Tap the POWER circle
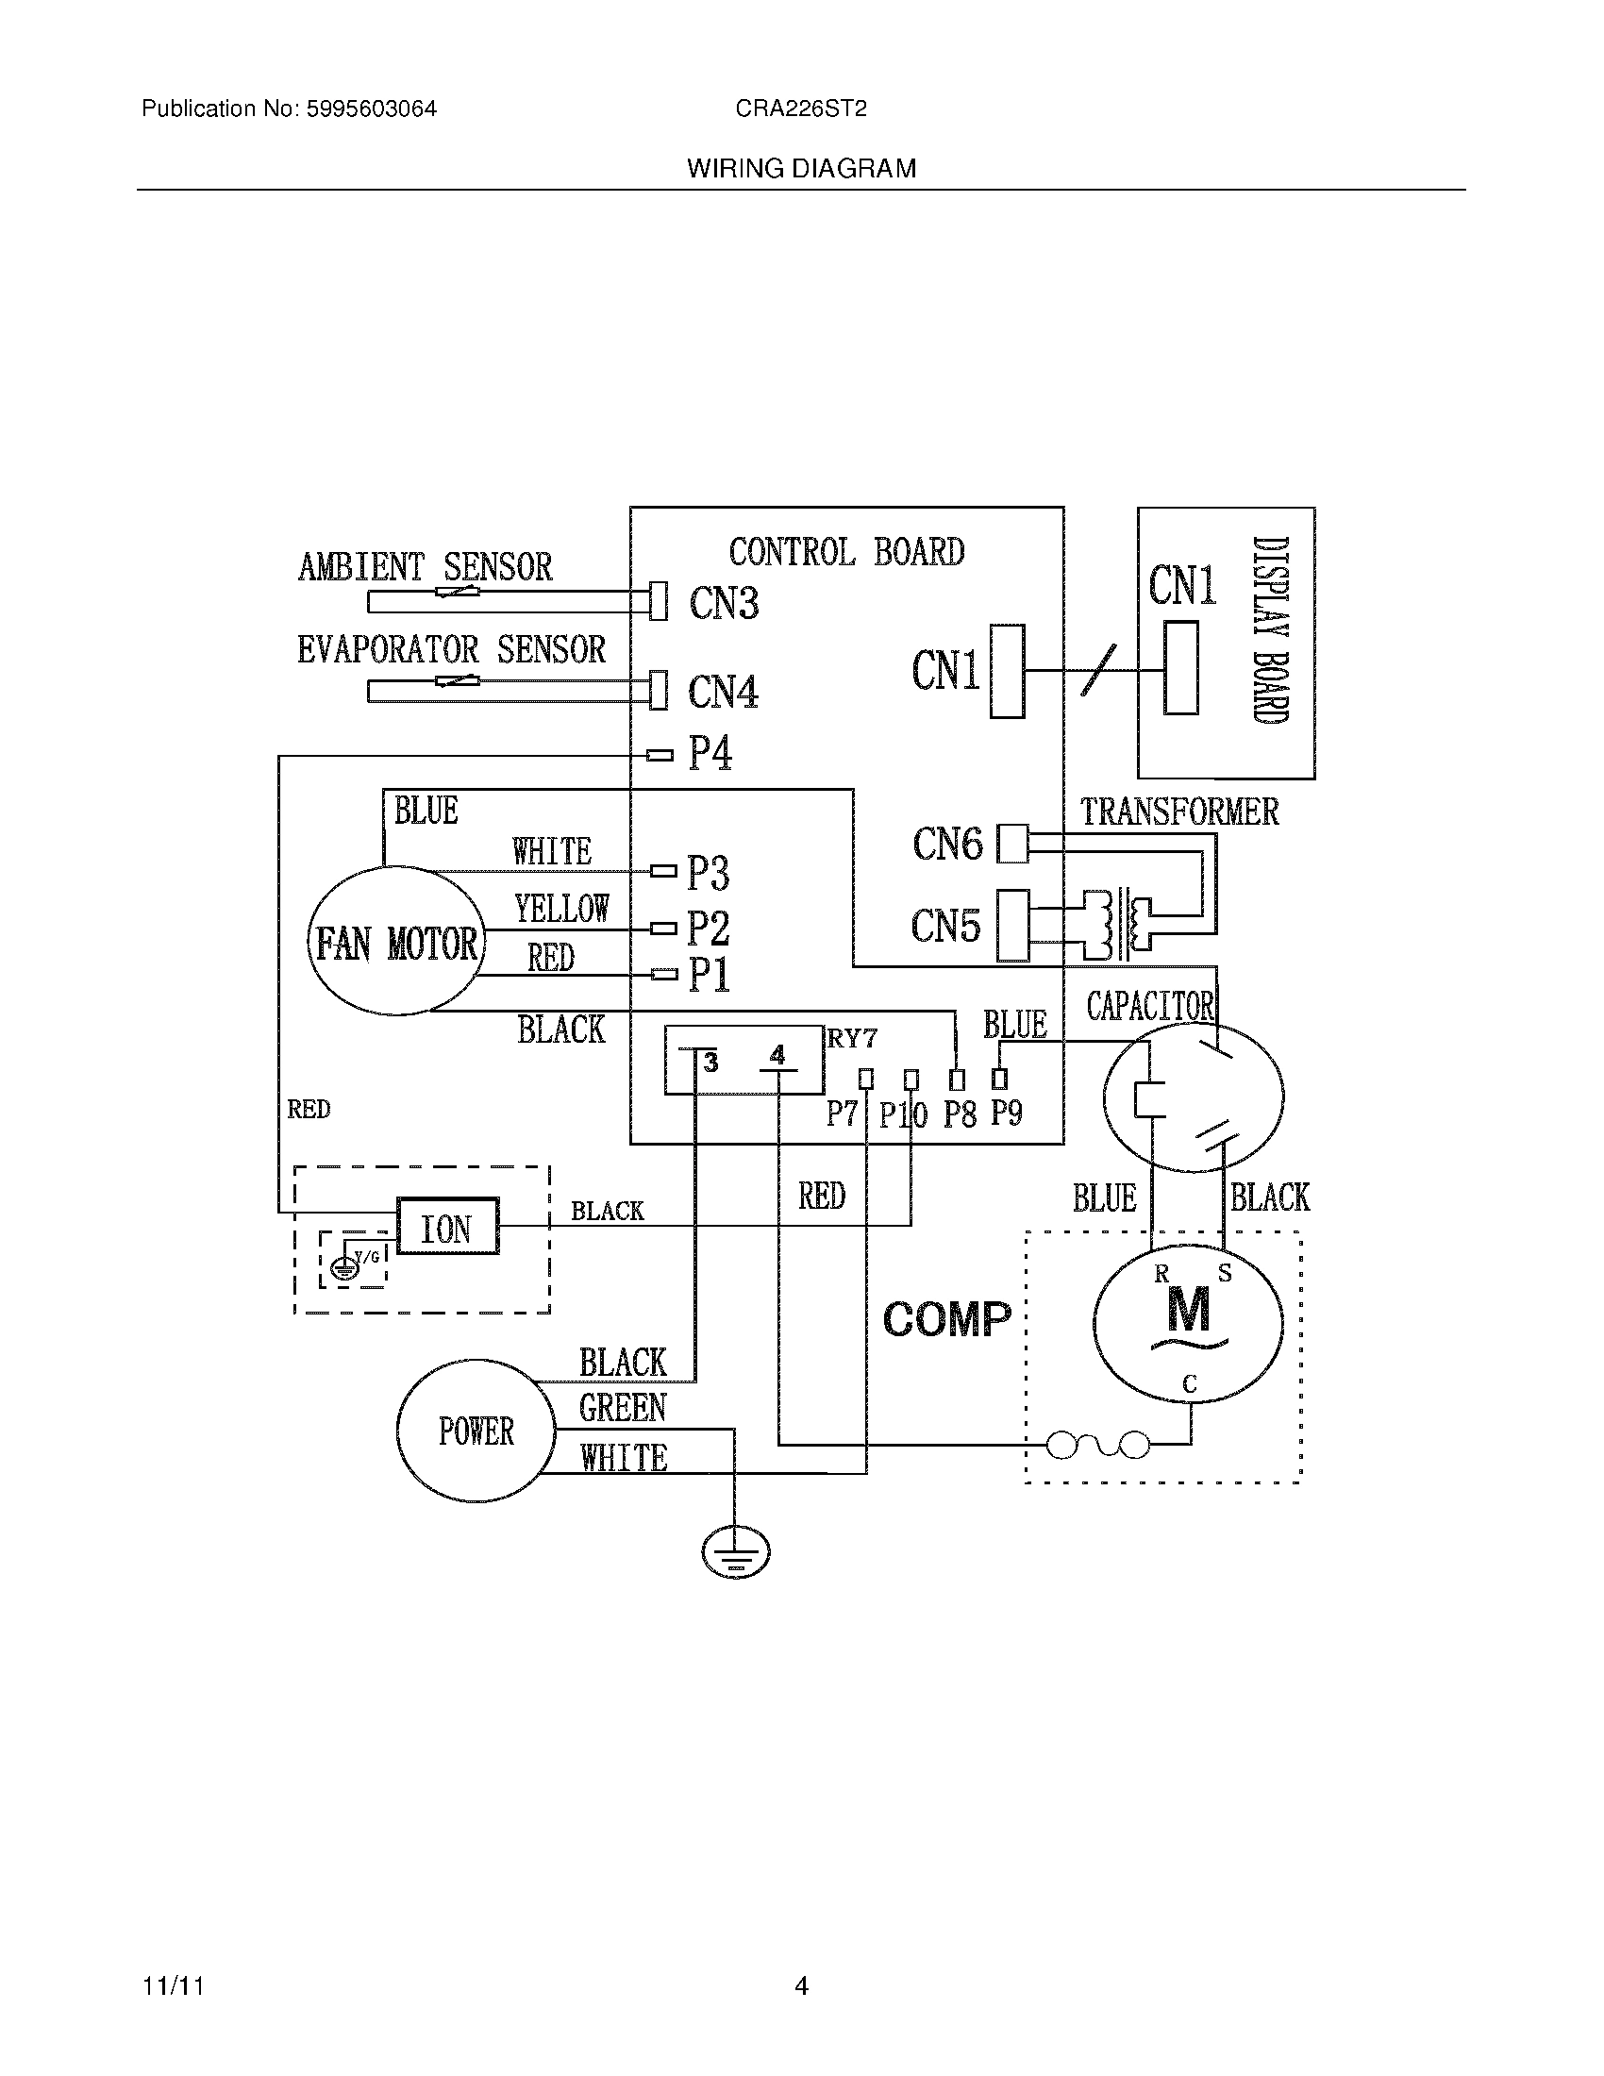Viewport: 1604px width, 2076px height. [476, 1431]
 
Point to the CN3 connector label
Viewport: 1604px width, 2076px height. [723, 604]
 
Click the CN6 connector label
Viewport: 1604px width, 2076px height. [947, 843]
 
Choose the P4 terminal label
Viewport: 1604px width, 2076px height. [710, 754]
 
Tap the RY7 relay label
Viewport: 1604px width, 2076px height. [851, 1038]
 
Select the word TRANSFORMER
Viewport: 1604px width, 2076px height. [1179, 812]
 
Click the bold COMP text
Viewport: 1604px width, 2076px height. [946, 1319]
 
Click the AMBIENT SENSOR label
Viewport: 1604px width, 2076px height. [425, 567]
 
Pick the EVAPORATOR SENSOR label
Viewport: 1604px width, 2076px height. [451, 650]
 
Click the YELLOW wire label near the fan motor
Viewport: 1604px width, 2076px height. [560, 909]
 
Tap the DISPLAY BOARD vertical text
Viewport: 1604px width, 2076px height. [1271, 630]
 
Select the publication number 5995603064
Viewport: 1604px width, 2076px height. [371, 109]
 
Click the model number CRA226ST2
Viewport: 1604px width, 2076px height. [800, 109]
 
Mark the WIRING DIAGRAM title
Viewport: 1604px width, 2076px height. [801, 169]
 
